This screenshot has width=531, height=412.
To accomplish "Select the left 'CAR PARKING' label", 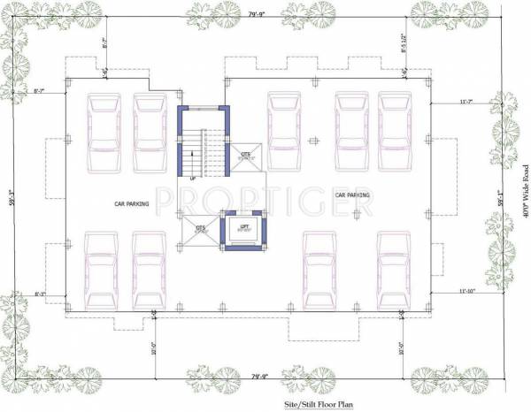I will (130, 203).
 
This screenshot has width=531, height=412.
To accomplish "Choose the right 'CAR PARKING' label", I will (351, 194).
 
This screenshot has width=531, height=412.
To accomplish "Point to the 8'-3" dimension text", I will (40, 293).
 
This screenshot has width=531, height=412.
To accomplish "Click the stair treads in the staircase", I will (205, 150).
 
